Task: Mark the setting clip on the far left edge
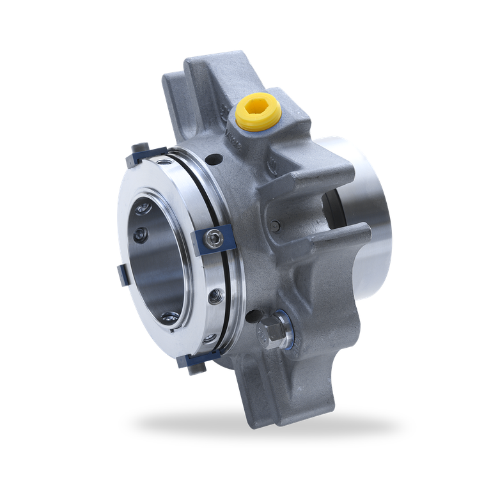(120, 274)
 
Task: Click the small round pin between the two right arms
(275, 225)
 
